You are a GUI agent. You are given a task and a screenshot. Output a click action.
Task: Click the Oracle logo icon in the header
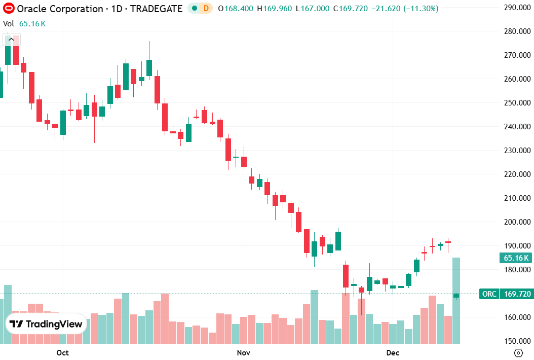[x=8, y=9]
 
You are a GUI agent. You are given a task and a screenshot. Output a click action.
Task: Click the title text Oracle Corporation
[x=60, y=9]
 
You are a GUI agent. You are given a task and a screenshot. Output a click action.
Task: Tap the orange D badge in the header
[x=206, y=9]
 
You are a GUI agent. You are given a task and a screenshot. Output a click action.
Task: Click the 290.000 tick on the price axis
[x=514, y=8]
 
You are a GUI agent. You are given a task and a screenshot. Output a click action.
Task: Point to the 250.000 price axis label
[x=514, y=103]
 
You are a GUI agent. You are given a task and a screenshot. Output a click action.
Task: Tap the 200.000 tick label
[x=514, y=222]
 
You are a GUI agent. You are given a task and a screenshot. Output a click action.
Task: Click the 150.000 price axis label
[x=514, y=341]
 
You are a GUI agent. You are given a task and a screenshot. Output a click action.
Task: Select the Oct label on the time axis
[x=62, y=352]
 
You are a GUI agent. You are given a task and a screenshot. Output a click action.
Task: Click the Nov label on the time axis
[x=244, y=352]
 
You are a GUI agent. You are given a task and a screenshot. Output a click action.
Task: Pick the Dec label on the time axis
[x=393, y=352]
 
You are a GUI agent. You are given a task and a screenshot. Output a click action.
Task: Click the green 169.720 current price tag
[x=516, y=294]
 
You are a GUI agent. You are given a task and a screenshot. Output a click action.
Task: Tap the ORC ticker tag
[x=489, y=294]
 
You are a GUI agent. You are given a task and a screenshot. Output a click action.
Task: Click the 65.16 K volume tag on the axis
[x=516, y=258]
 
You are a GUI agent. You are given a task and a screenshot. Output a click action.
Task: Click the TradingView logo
[x=46, y=324]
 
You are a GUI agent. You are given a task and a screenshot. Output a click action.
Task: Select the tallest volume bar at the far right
[x=456, y=301]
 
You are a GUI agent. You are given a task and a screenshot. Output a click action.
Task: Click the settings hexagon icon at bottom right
[x=518, y=353]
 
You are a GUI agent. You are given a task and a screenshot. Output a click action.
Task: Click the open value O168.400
[x=236, y=9]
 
